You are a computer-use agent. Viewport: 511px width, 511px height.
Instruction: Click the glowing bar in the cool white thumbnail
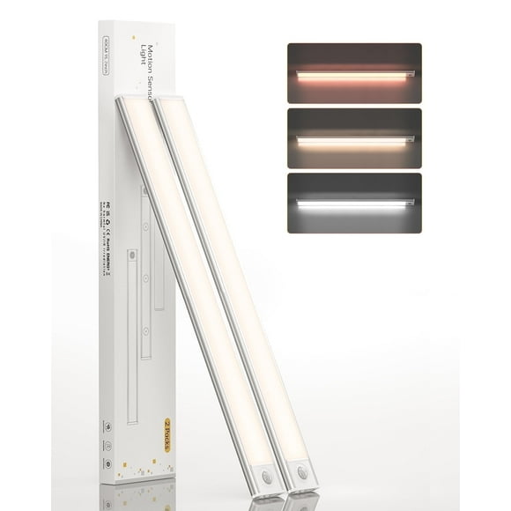click(x=352, y=204)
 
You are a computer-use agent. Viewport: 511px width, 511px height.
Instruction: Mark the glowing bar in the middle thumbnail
click(x=352, y=140)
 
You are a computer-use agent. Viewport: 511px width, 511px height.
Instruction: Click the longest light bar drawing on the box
click(x=131, y=335)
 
